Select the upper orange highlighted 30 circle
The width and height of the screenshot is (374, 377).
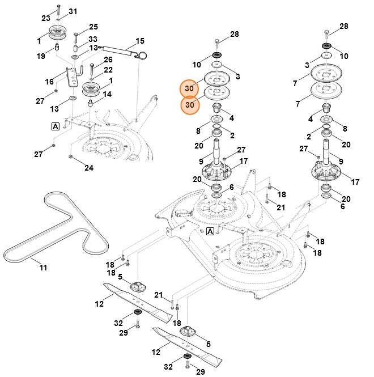click(190, 88)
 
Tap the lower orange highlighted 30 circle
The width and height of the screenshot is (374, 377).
click(190, 105)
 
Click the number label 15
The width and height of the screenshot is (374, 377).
click(140, 42)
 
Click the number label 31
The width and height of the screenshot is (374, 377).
click(73, 11)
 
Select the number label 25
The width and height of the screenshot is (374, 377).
click(93, 27)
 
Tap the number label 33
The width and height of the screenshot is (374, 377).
click(93, 39)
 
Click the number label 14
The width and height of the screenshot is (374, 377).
click(107, 94)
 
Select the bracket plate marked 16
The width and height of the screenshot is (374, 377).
click(70, 77)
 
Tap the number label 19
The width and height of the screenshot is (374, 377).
click(41, 56)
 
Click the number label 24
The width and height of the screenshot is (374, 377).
click(89, 167)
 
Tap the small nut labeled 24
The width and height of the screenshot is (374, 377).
click(70, 156)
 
